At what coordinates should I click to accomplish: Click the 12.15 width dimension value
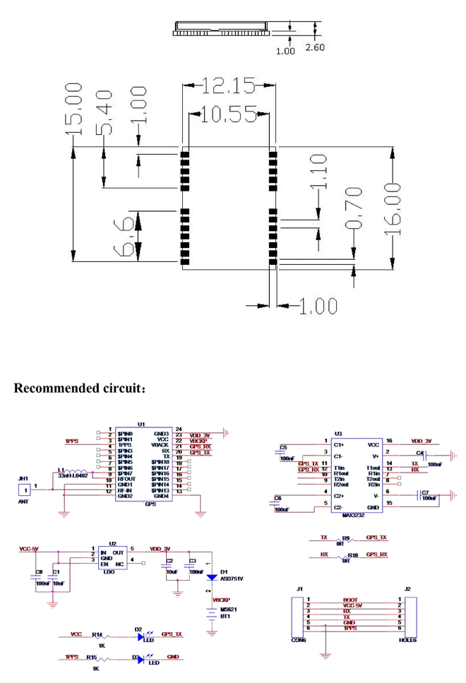228,86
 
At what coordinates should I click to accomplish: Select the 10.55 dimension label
227,114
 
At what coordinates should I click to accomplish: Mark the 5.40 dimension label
103,114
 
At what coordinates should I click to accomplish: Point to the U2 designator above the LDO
113,544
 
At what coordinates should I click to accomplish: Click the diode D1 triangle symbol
211,577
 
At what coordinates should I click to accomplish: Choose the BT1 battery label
227,617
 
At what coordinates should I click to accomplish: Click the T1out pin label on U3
374,468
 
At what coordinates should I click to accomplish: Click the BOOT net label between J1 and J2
349,600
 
